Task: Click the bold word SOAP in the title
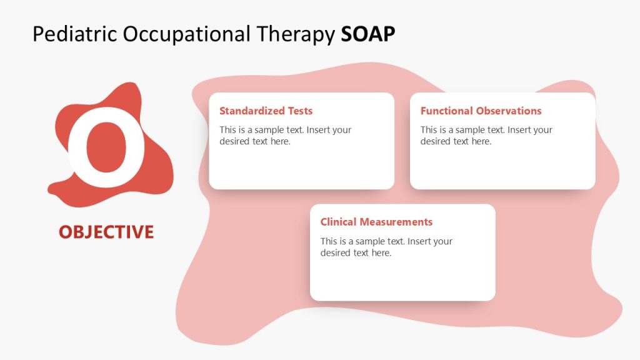pos(368,34)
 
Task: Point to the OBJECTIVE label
pos(106,232)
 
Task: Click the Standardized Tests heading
pos(266,111)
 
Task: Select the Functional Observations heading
pos(481,111)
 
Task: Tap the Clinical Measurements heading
pos(376,222)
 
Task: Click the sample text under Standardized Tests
pos(285,136)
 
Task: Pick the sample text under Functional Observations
pos(486,136)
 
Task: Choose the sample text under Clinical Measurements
pos(386,247)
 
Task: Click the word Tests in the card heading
pos(300,111)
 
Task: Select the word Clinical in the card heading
pos(337,222)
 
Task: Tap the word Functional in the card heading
pos(447,111)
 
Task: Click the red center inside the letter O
pos(106,149)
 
